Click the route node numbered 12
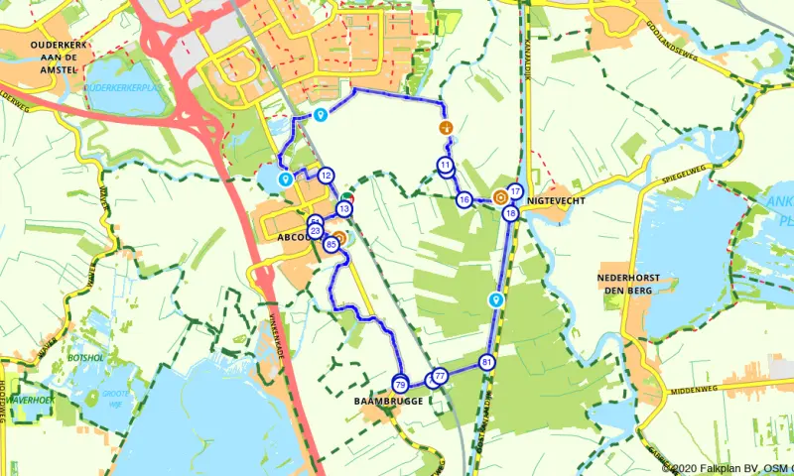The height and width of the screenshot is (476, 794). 326,177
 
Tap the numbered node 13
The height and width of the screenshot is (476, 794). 344,209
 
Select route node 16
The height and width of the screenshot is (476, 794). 463,200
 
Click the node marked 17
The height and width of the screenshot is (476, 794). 514,191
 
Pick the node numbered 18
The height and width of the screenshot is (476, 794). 510,213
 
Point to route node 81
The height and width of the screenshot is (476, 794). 486,362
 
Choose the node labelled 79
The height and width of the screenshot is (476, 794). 400,384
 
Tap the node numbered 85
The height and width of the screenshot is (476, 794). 331,243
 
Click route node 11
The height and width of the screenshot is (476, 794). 446,165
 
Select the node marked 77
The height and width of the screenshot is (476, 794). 439,376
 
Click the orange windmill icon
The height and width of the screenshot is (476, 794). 446,128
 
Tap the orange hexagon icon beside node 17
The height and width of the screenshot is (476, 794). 498,196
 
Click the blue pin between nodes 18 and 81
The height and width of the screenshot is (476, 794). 496,298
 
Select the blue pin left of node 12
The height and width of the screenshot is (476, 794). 285,179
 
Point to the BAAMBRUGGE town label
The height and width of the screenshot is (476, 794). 388,402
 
